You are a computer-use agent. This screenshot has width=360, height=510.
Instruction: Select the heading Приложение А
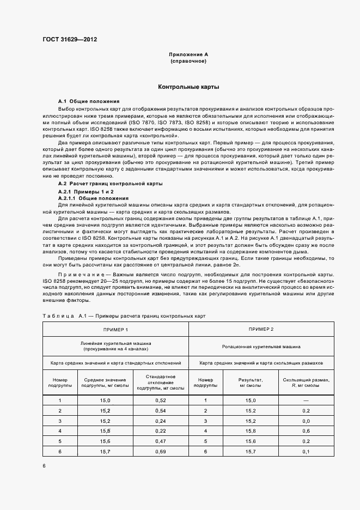(188, 54)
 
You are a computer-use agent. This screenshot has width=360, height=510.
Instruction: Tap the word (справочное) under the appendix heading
(188, 61)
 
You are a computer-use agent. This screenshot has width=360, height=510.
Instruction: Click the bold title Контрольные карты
(188, 87)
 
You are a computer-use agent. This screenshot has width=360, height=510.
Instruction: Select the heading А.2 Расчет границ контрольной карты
(110, 184)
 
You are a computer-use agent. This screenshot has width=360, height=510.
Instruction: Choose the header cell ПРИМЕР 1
(116, 330)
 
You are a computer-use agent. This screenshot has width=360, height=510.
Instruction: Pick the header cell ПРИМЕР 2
(261, 330)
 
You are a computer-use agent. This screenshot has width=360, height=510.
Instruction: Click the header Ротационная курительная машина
(261, 346)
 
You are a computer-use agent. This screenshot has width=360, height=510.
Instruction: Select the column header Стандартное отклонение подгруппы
(161, 382)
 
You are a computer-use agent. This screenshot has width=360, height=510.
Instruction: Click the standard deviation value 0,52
(161, 400)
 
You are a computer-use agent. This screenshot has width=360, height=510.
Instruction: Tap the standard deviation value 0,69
(161, 452)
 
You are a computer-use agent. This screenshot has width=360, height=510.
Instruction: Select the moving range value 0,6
(306, 432)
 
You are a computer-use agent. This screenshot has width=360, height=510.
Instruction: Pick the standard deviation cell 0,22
(161, 432)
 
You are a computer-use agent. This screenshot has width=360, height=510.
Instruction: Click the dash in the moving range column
(306, 400)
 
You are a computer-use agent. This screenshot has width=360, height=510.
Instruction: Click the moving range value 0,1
(306, 452)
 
